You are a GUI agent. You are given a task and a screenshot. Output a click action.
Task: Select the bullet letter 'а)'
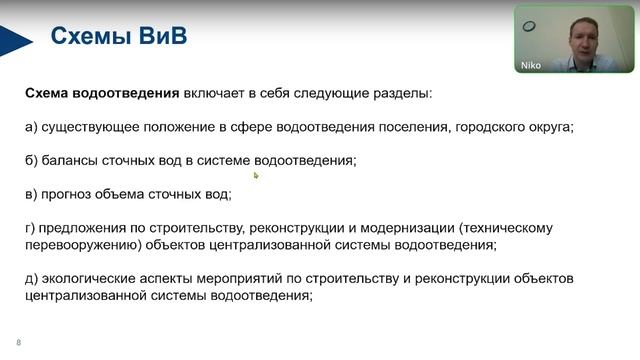coord(32,127)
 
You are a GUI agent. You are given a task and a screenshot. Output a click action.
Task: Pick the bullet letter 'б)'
coord(32,160)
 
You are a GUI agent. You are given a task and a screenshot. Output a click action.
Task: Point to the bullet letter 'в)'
coord(32,193)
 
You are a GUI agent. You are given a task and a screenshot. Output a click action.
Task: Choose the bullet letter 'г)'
coord(31,227)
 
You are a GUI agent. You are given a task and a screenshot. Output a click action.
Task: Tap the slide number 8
coord(18,342)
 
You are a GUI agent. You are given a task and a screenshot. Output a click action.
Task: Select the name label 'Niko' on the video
coord(532,66)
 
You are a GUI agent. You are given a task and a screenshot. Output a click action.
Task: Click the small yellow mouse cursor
coord(256,175)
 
